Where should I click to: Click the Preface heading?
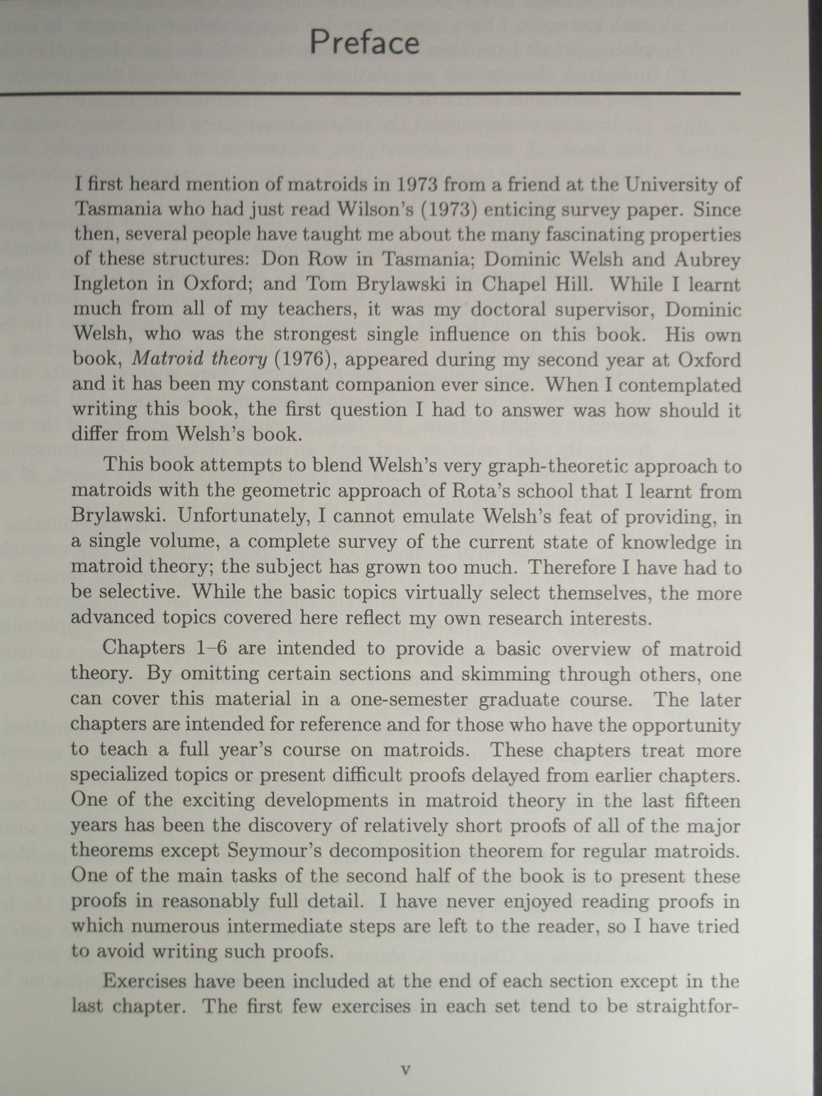[x=364, y=42]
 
